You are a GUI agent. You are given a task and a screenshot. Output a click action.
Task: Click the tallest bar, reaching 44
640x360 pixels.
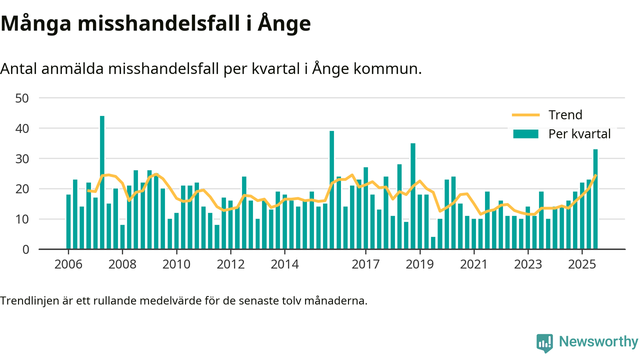[102, 182]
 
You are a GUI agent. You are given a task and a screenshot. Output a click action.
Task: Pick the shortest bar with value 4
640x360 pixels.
[433, 243]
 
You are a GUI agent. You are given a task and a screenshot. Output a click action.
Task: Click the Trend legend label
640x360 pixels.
[565, 115]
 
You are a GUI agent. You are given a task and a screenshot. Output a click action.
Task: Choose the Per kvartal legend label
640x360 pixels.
[579, 134]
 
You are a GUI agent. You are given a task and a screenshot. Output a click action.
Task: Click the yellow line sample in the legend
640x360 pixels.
[525, 115]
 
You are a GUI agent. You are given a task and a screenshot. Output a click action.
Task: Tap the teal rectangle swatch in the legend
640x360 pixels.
[525, 134]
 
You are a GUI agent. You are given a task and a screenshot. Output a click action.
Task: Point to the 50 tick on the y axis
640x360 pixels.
[22, 98]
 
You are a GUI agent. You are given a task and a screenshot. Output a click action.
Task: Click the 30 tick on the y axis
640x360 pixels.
[22, 158]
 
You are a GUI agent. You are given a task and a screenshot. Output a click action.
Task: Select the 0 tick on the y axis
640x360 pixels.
[25, 249]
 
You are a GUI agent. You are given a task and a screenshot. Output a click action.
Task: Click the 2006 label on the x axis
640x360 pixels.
[68, 263]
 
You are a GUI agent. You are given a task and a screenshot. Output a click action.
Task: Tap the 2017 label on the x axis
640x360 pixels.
[365, 263]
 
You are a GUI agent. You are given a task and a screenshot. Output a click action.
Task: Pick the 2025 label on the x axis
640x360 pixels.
[582, 263]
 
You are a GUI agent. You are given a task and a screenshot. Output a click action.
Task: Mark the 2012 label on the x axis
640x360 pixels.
[230, 263]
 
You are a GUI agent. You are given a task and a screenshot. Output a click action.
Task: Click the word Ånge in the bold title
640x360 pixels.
[284, 24]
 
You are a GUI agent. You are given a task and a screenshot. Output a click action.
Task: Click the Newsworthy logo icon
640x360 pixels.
[544, 343]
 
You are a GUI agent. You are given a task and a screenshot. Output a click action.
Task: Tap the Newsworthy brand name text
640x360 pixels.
[598, 342]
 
